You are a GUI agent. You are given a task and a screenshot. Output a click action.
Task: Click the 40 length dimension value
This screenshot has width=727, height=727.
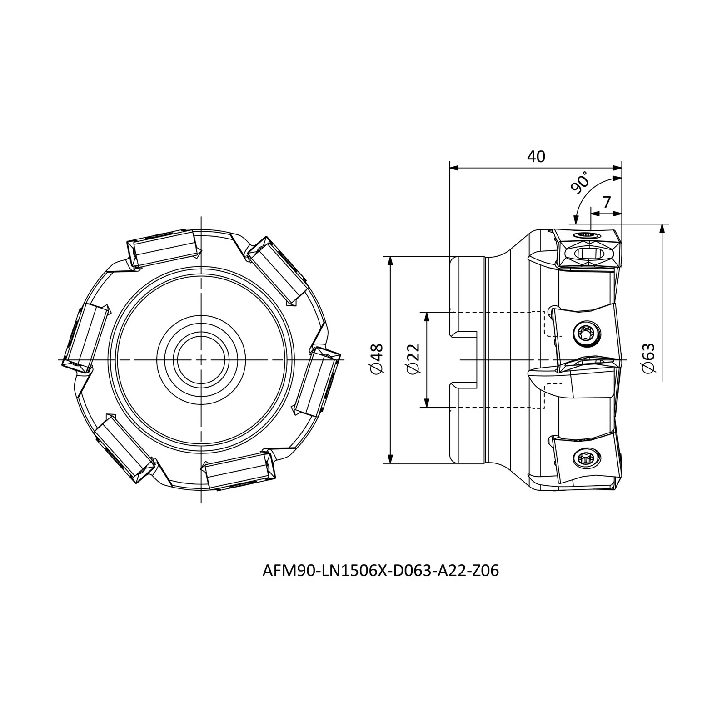point(536,157)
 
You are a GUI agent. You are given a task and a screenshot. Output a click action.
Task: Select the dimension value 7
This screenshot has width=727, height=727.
point(606,202)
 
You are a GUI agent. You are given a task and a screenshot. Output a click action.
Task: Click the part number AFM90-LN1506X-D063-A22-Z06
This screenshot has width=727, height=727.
point(381,571)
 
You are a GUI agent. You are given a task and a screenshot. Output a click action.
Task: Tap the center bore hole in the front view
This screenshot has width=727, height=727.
point(201,359)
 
